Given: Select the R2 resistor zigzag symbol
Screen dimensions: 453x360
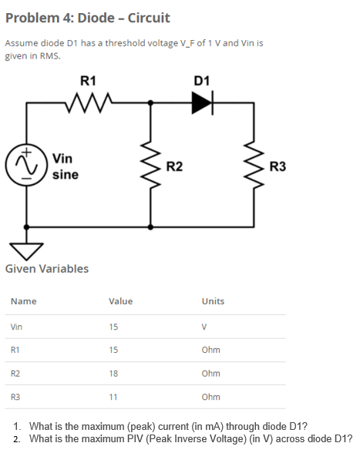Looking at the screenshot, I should (x=150, y=166).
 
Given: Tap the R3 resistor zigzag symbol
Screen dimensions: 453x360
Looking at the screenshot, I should (x=254, y=166).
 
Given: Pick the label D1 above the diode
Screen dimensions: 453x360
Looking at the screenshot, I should (x=202, y=79).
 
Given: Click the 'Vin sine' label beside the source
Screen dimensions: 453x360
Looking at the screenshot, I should (x=65, y=166).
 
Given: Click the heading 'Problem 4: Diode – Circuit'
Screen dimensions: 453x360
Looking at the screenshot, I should (x=77, y=17).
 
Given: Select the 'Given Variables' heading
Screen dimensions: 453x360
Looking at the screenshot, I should (x=47, y=269).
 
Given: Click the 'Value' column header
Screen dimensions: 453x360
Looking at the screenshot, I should (x=120, y=301).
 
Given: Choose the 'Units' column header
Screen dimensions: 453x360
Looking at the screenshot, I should (x=213, y=301).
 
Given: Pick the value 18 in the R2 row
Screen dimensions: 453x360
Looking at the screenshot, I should (x=114, y=374).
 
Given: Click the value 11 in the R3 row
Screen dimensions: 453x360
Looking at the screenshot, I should (x=114, y=398).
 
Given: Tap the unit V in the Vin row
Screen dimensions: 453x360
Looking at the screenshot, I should (x=204, y=327).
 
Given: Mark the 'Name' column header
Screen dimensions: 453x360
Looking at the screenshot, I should (x=24, y=301).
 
